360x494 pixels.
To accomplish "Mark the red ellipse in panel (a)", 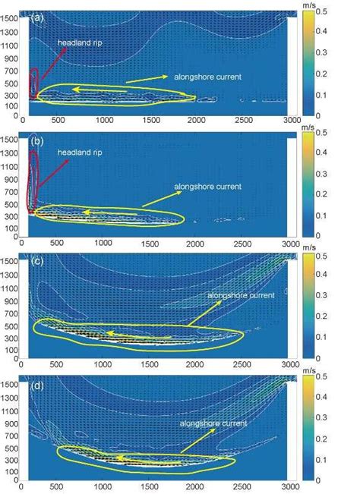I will click(33, 83).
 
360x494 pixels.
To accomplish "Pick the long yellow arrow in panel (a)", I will click(144, 78).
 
